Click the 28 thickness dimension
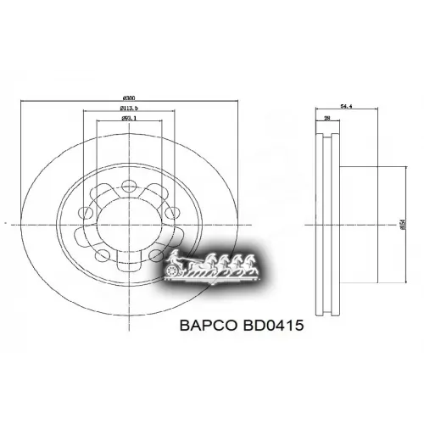coord(326,120)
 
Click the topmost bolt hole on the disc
coord(129,183)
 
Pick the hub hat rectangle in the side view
coord(365,224)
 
